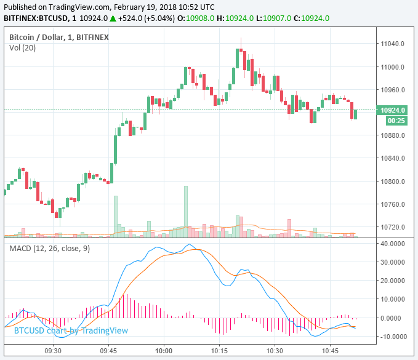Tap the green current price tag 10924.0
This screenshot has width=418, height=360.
tap(394, 110)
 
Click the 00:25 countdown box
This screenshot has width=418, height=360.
tap(395, 121)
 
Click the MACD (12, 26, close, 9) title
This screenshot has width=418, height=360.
tap(50, 248)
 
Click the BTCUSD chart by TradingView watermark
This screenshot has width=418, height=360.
tap(71, 330)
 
